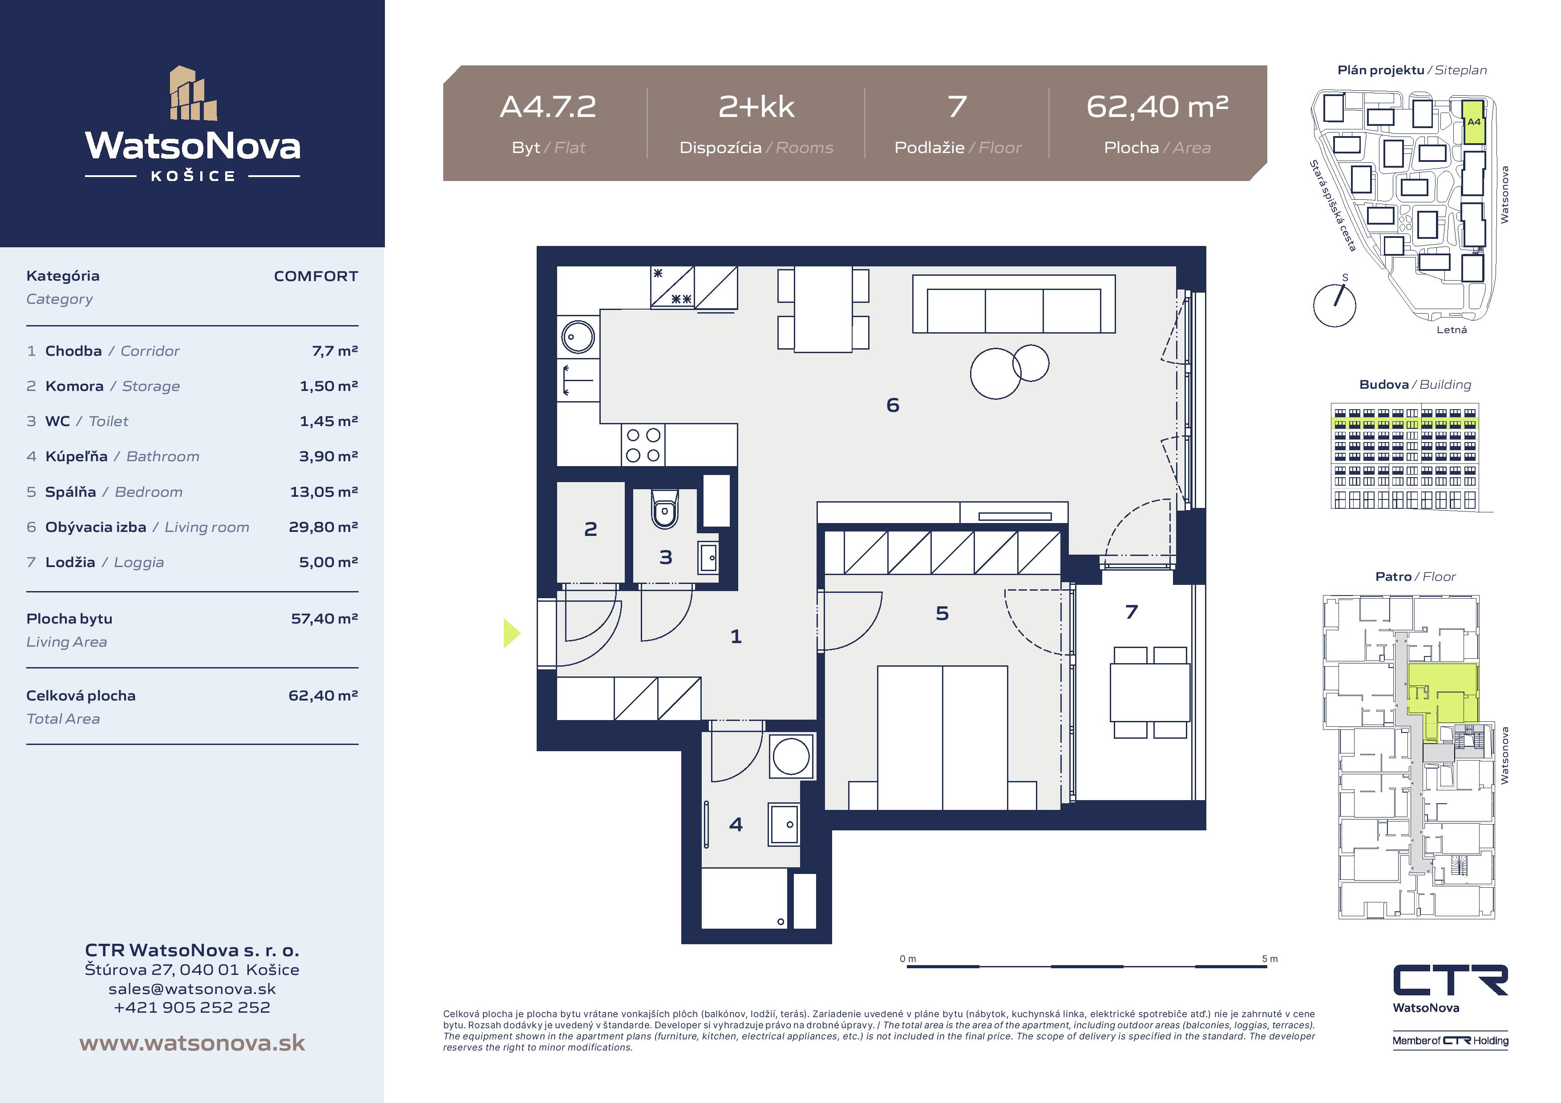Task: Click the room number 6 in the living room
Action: click(x=893, y=406)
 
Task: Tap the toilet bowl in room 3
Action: click(x=665, y=509)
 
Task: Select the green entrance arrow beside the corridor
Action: click(x=512, y=633)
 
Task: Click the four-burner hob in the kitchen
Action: click(x=643, y=445)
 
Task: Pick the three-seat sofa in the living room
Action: click(x=1014, y=304)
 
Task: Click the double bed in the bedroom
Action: click(x=942, y=737)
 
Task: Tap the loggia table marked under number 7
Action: click(x=1150, y=692)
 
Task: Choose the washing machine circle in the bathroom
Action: click(x=791, y=756)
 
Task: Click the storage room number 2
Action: click(x=590, y=529)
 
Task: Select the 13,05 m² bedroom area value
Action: click(x=324, y=491)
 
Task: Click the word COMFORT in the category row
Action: click(x=316, y=276)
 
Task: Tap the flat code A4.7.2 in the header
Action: click(x=548, y=107)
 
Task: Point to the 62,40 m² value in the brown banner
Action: click(x=1157, y=107)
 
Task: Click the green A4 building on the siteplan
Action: click(x=1473, y=122)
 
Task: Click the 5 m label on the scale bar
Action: click(x=1270, y=959)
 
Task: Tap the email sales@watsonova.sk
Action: click(x=192, y=989)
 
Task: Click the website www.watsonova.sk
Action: click(x=192, y=1043)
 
